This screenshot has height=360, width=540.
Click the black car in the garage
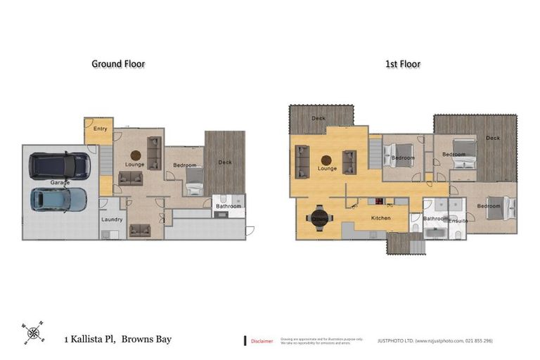coord(60,166)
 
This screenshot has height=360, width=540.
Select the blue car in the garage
coord(58,200)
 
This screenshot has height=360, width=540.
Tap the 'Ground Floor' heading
coord(118,64)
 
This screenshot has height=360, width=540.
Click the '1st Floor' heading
coord(403,64)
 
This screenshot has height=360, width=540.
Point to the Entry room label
coord(100,129)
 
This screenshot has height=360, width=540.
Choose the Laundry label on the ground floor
coord(112,219)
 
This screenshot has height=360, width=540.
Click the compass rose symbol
coord(32,333)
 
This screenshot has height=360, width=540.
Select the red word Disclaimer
coord(262,341)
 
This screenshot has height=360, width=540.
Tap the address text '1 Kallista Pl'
coord(89,340)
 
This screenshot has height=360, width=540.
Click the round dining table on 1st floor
coord(319,218)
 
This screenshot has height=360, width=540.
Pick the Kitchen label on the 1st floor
coord(380,218)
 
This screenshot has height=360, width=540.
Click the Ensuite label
coord(458,221)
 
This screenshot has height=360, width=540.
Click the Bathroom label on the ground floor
coord(229,206)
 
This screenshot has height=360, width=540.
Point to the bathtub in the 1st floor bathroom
coord(436,232)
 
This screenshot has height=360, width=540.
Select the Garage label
coord(60,183)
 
